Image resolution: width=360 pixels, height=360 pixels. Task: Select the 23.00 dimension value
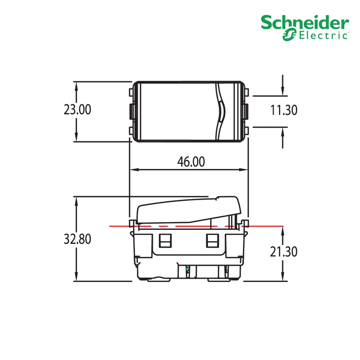(x=77, y=109)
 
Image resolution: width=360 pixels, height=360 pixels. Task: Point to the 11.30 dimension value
(x=284, y=110)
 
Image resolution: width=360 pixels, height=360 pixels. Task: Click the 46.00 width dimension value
(x=191, y=162)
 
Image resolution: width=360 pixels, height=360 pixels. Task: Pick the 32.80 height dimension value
(x=77, y=239)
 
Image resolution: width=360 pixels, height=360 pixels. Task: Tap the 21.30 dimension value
(x=284, y=252)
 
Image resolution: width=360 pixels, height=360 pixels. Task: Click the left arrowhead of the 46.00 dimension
(x=135, y=170)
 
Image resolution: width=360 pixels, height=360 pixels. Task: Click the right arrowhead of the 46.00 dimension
(x=243, y=170)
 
